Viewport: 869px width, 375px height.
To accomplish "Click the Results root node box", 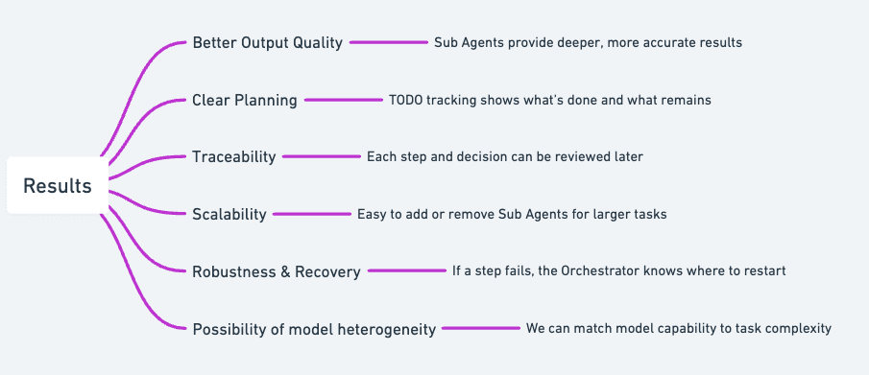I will click(58, 185).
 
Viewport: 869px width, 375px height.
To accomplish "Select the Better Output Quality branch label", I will click(267, 43).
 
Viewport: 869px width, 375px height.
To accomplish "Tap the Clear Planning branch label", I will click(245, 100).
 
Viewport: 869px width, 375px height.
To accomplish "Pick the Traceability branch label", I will click(234, 156).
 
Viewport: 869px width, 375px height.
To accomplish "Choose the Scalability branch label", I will click(229, 214).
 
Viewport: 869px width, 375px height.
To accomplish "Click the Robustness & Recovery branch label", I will click(277, 271).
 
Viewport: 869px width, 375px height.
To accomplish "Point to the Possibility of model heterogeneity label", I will click(314, 329).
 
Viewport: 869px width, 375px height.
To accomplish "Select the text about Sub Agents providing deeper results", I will click(588, 43).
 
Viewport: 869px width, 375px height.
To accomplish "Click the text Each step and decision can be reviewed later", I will click(504, 156).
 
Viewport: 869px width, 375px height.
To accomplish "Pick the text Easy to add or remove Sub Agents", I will click(512, 214).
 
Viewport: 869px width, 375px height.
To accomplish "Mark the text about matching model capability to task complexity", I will click(678, 328).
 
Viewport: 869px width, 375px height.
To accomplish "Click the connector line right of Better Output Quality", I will click(388, 43).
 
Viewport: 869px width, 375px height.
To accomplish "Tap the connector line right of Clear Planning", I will click(343, 100).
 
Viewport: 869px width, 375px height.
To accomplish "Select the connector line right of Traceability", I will click(321, 156).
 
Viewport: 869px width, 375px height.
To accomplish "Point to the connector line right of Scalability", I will click(311, 214).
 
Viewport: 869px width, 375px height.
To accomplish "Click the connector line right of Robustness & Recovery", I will click(406, 271).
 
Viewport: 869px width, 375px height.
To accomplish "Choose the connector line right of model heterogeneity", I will click(480, 329).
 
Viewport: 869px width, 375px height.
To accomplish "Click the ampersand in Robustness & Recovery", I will click(285, 271).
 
